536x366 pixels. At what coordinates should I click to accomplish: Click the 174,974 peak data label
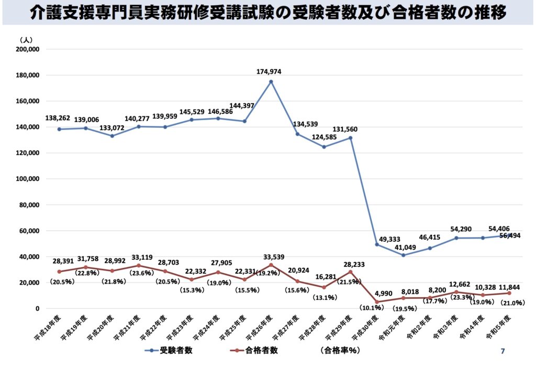click(271, 71)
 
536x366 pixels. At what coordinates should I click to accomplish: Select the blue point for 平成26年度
click(271, 81)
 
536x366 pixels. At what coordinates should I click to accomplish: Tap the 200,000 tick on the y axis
click(29, 49)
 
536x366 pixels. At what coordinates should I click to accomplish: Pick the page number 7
click(503, 351)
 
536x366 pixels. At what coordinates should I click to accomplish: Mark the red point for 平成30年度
click(377, 302)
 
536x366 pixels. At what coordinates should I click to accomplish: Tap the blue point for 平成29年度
click(350, 138)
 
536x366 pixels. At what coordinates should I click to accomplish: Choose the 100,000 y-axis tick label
click(29, 179)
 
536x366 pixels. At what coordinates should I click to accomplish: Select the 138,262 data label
click(59, 119)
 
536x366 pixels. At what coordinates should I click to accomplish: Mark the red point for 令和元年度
click(403, 298)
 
